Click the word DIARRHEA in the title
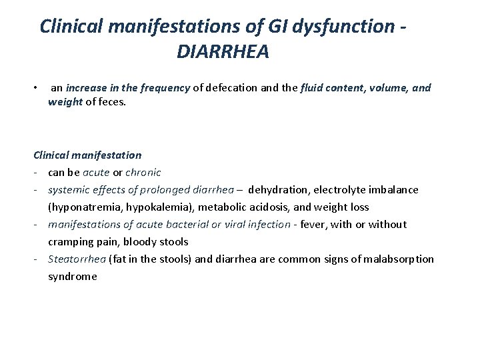coord(223,51)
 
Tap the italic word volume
coord(381,87)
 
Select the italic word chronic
coord(143,172)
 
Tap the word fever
coord(313,224)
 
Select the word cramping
coord(71,241)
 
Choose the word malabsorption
coord(401,259)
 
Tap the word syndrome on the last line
coord(72,276)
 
